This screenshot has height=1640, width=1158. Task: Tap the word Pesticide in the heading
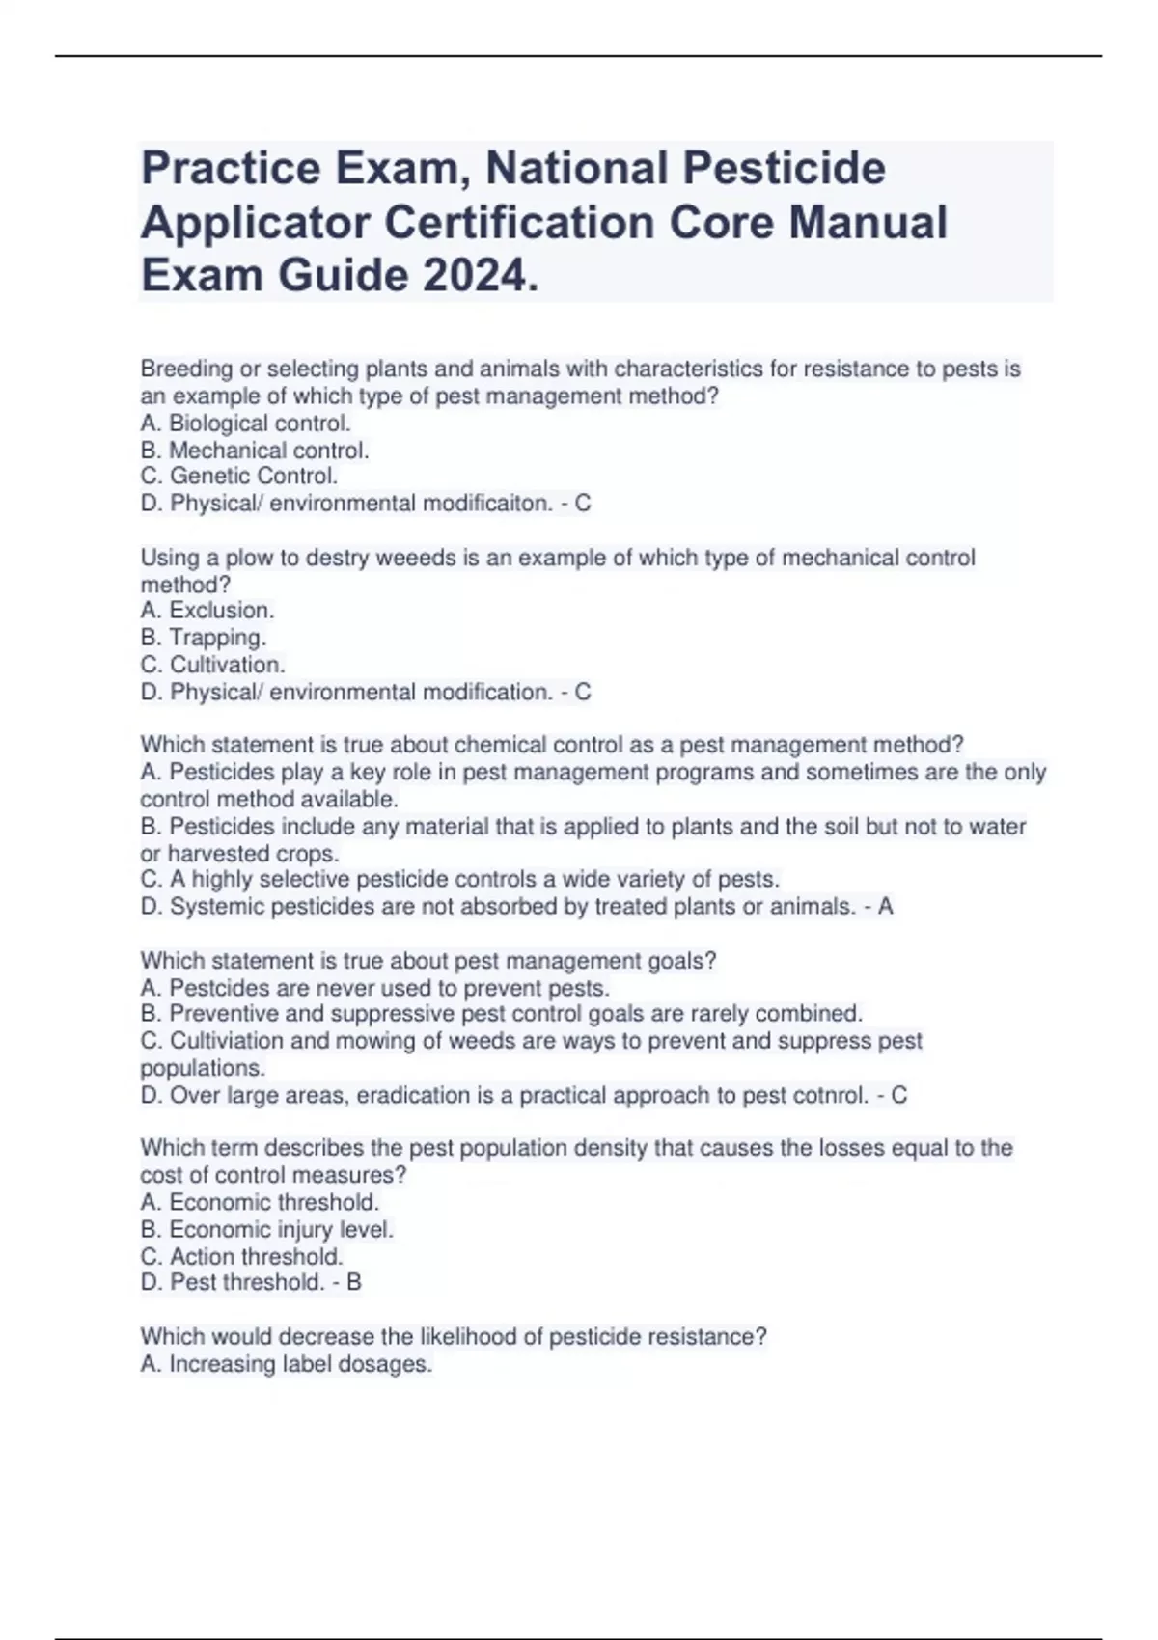[784, 168]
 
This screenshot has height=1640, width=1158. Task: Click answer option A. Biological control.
[245, 423]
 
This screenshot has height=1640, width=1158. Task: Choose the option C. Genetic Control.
[238, 476]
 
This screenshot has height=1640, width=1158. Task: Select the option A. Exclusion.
[207, 610]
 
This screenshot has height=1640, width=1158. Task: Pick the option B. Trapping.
[203, 637]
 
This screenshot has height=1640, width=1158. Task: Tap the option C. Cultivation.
[212, 664]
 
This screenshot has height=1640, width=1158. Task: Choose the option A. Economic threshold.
[260, 1202]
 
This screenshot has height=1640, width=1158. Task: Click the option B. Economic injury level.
[266, 1229]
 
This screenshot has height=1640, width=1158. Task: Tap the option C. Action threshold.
[241, 1256]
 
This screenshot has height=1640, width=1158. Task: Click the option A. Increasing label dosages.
[286, 1364]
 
